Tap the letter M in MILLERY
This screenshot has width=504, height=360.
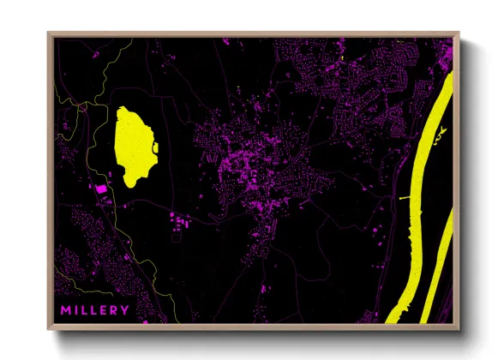click(64, 309)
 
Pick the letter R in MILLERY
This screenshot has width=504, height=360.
click(115, 309)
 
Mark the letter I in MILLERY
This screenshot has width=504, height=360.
click(75, 309)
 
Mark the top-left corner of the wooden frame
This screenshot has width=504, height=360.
click(49, 33)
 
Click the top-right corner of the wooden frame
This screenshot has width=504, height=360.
click(459, 33)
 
